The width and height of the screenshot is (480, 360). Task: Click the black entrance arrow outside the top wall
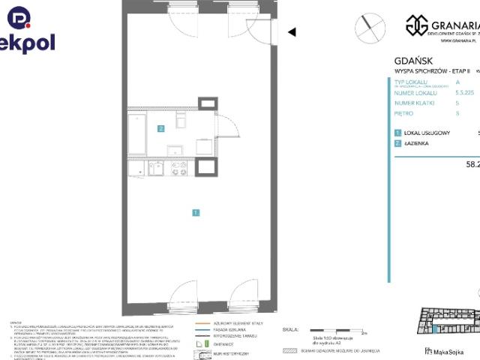tap(292, 32)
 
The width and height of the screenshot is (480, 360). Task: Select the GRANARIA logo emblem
tap(415, 25)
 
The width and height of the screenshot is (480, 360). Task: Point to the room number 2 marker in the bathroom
tap(160, 128)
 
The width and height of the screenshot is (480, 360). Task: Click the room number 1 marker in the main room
tap(195, 213)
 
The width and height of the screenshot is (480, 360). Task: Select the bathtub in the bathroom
tap(138, 134)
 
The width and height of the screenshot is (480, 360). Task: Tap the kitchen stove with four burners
tap(179, 169)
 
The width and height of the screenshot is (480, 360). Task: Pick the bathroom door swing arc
tap(229, 127)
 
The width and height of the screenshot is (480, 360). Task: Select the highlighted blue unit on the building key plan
tap(433, 325)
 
